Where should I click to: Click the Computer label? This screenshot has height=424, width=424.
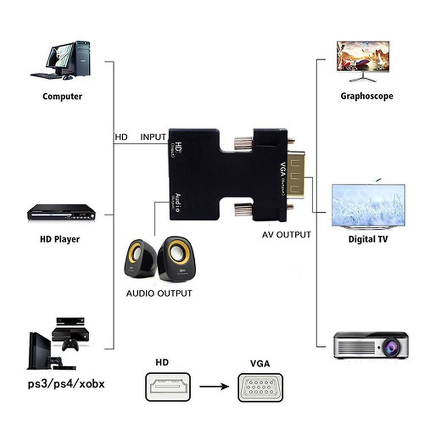coord(62,96)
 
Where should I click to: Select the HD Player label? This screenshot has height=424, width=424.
coord(60,239)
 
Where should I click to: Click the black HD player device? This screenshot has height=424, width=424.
coord(60,212)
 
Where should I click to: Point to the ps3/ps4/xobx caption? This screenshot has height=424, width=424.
coord(66,385)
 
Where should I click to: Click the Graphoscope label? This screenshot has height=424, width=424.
coord(367,96)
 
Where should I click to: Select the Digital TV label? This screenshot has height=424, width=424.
coord(368,239)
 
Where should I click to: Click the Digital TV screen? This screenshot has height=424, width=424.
coord(368,205)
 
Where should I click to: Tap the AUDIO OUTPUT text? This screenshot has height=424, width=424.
coord(159,293)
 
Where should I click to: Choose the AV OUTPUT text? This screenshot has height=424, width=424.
coord(286,234)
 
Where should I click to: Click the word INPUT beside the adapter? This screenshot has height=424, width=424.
coord(153,137)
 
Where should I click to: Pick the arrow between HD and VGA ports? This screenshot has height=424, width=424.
coord(214,386)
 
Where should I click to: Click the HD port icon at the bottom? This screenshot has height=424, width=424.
coord(168,387)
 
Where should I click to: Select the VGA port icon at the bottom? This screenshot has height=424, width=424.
coord(260,387)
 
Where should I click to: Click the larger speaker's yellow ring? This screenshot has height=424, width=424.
coord(175,253)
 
